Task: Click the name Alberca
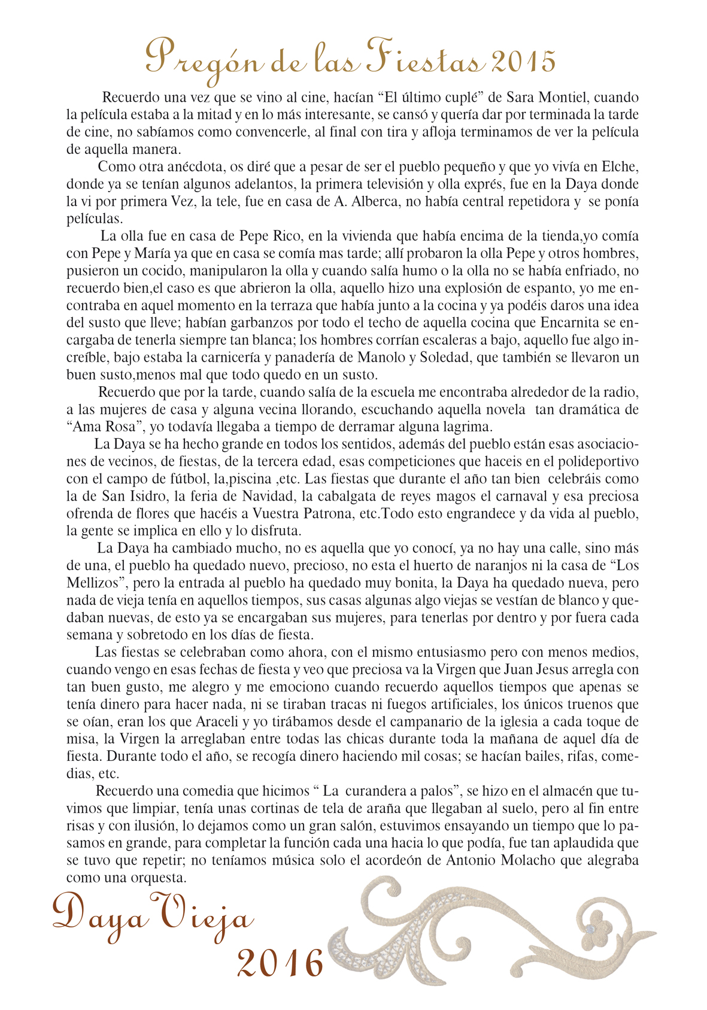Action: (x=372, y=201)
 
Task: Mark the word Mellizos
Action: (x=95, y=583)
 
